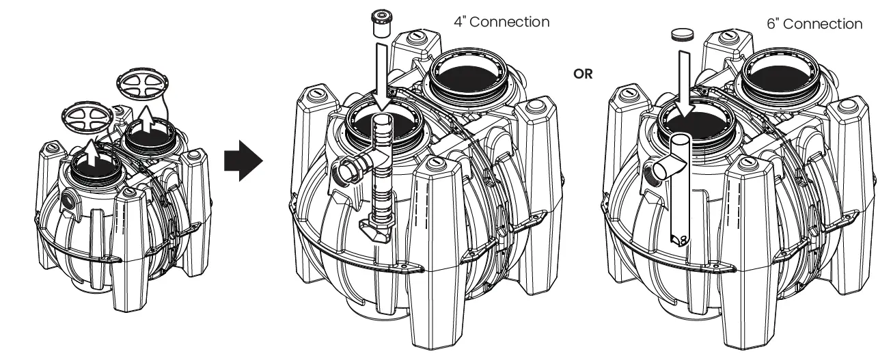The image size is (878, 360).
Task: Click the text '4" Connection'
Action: coord(502,22)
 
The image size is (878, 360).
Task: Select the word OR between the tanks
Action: coord(583,74)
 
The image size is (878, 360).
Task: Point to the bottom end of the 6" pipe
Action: coord(680,238)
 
